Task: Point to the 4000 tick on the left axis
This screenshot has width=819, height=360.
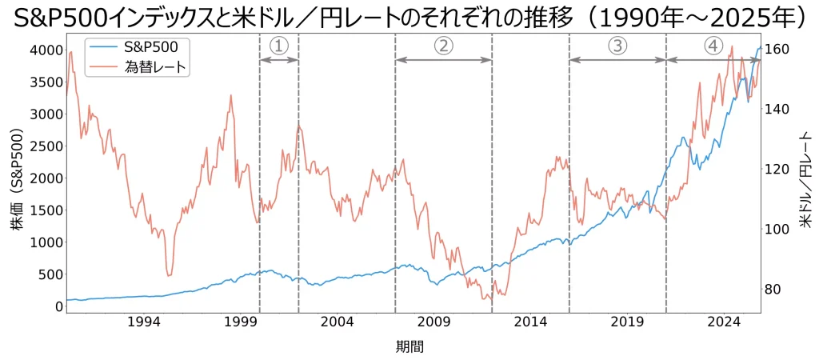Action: point(46,50)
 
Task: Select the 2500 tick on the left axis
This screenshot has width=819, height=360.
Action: point(46,146)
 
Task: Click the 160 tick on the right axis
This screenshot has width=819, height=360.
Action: point(777,50)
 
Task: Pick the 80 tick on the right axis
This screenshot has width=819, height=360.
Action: point(773,290)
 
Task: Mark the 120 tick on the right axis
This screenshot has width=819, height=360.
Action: point(777,170)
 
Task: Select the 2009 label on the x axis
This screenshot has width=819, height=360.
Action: point(433,322)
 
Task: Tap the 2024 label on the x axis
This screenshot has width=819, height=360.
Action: point(725,322)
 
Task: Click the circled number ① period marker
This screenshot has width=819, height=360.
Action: point(279,46)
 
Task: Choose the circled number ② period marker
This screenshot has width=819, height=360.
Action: point(443,46)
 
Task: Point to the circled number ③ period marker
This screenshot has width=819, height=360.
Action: point(617,46)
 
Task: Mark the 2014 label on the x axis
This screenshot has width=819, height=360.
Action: point(530,322)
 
